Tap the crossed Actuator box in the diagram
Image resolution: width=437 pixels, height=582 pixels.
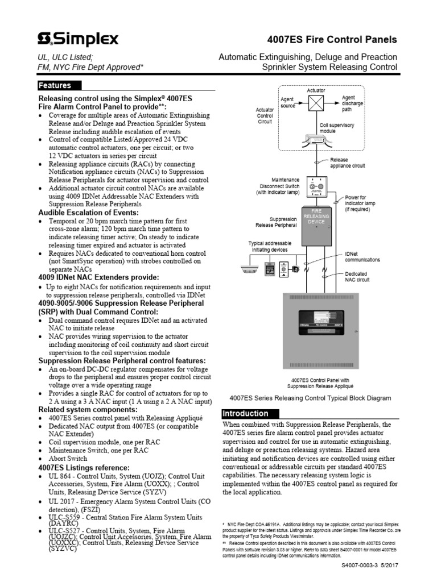[316, 102]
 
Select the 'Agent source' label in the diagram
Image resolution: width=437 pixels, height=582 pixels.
[288, 102]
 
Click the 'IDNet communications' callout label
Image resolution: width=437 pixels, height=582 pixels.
[362, 257]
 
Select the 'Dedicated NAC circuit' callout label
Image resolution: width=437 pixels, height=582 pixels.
[357, 277]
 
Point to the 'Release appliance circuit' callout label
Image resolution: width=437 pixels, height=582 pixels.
[348, 163]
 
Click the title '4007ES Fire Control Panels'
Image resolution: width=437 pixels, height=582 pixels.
[332, 40]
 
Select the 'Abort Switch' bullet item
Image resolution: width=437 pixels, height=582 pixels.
[68, 458]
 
